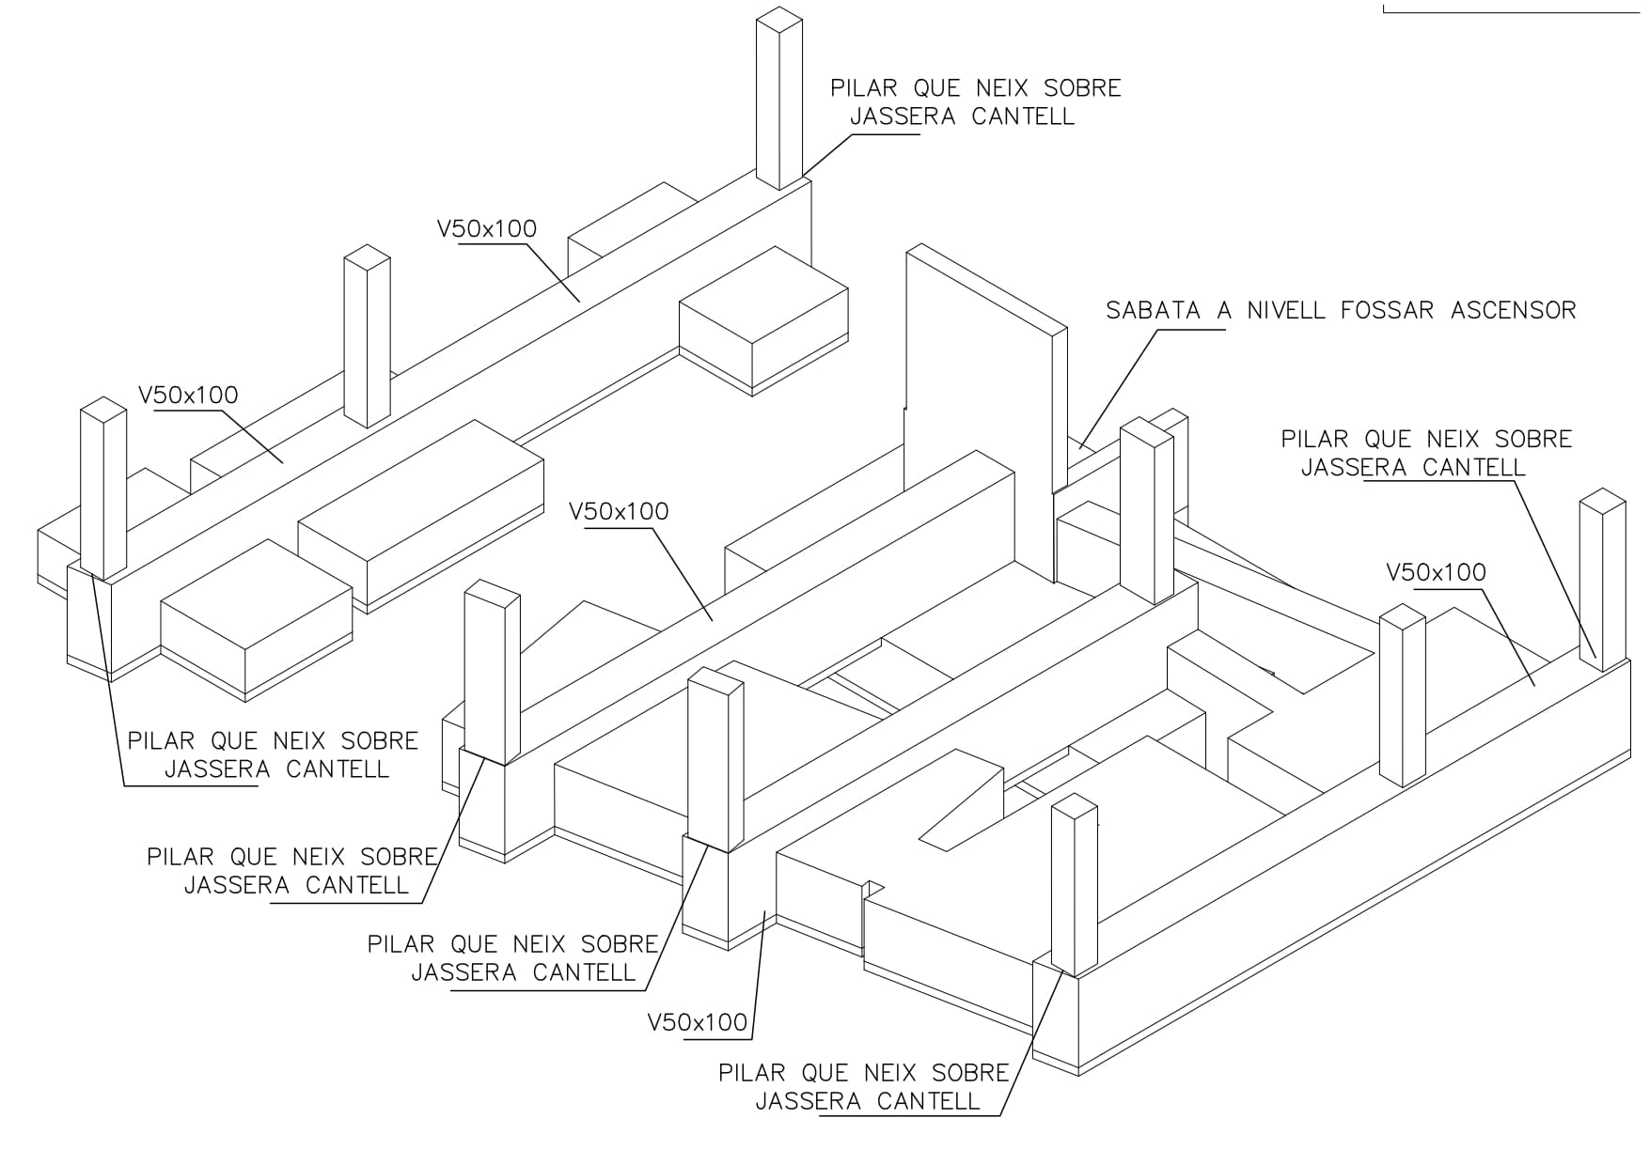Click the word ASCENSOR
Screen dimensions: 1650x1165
coord(1513,310)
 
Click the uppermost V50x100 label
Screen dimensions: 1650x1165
coord(487,228)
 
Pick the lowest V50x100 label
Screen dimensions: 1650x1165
coord(698,1022)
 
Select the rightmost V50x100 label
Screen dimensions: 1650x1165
coord(1437,572)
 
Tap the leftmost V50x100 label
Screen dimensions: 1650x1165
coord(188,395)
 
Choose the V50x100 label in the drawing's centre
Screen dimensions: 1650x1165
coord(619,512)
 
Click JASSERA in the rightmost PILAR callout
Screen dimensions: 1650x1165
coord(1356,467)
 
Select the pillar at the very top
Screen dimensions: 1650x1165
coord(779,99)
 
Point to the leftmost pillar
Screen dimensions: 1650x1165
coord(103,489)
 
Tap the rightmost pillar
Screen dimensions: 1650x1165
coord(1603,580)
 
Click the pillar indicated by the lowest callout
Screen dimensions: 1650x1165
coord(1074,885)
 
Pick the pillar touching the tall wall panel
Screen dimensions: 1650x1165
coord(1147,512)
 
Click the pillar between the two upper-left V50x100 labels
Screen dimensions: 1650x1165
coord(367,336)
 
